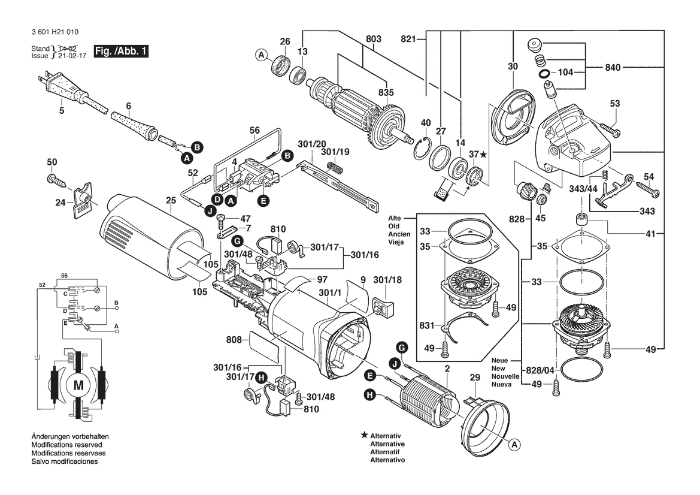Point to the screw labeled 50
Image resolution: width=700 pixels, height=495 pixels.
tap(53, 178)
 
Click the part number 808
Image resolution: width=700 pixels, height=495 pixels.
tap(234, 340)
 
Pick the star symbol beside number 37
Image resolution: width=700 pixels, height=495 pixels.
tap(483, 155)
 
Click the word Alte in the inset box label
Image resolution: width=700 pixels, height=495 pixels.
tap(395, 218)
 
